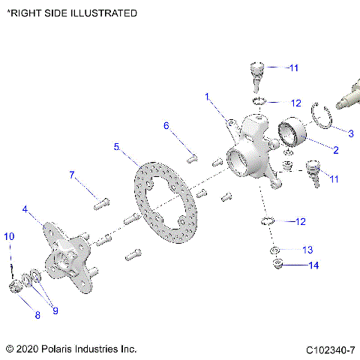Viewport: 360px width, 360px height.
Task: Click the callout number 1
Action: (208, 97)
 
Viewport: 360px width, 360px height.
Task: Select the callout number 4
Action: (25, 209)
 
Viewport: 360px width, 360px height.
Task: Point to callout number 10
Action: (9, 236)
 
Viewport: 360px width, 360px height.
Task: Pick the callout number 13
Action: (307, 249)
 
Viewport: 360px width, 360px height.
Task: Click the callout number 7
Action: (73, 175)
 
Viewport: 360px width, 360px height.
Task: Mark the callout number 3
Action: (350, 132)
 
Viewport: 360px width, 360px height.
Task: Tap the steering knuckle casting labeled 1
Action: (251, 150)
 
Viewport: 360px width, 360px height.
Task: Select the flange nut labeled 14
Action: (277, 265)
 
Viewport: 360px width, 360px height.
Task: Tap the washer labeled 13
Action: (275, 250)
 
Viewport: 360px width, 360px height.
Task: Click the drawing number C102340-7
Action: (330, 350)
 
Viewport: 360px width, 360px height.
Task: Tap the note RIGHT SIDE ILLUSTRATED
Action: (72, 13)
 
